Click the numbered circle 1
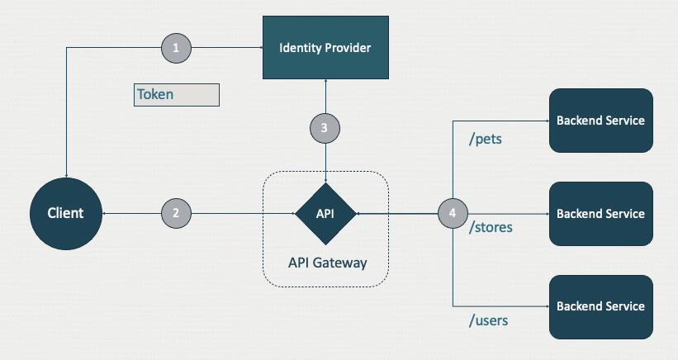coord(175,48)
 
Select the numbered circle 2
coord(175,213)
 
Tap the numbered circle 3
coord(325,128)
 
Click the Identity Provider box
coord(325,47)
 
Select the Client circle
coord(65,213)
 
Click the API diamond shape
coord(325,213)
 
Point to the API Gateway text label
coord(327,263)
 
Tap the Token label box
coord(177,94)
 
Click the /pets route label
coord(486,140)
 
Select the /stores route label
coord(491,227)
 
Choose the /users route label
coord(488,320)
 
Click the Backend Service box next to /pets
coord(600,121)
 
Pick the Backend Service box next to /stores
coord(600,213)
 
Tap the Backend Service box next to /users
coord(600,306)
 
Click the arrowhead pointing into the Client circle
coord(104,213)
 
